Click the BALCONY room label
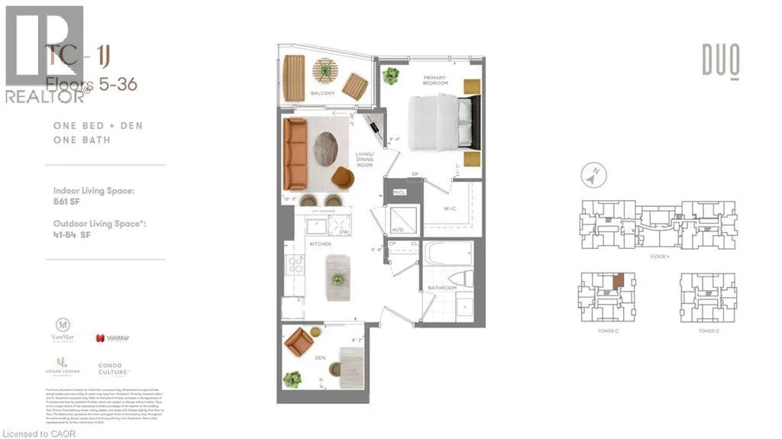pos(323,94)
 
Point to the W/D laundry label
pos(397,228)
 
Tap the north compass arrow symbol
pos(589,176)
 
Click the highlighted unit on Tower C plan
pos(617,281)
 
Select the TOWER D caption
pos(708,331)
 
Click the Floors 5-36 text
pos(92,84)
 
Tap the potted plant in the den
pos(292,379)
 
